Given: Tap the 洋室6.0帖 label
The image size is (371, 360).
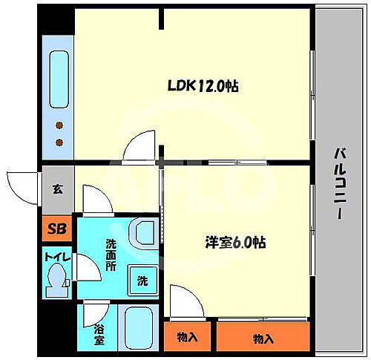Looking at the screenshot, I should (235, 242).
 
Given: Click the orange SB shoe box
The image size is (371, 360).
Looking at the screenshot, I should (57, 228).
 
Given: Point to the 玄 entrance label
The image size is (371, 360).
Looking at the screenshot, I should (57, 188).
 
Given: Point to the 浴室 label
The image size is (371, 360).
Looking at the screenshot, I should (99, 335).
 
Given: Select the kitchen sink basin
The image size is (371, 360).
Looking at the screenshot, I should (59, 74).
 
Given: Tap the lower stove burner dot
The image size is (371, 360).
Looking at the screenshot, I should (59, 140).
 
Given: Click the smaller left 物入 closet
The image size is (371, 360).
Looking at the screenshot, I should (187, 337).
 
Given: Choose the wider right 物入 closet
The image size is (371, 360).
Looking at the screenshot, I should (262, 338).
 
